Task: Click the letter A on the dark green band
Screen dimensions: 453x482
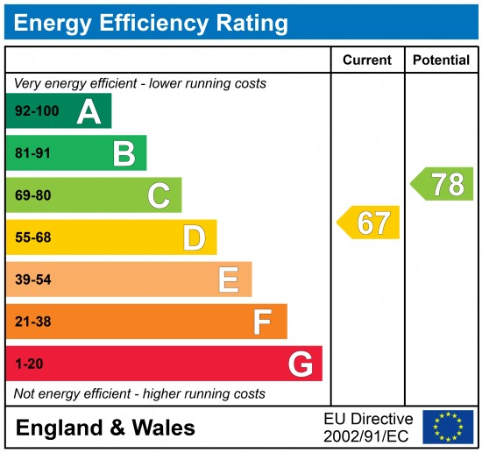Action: tap(89, 111)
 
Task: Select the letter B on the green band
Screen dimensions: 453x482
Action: tap(124, 153)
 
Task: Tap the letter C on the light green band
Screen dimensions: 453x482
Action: tap(159, 195)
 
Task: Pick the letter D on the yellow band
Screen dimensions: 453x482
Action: tap(194, 237)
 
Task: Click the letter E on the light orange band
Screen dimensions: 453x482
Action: tap(229, 280)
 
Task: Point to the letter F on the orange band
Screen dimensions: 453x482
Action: tap(262, 322)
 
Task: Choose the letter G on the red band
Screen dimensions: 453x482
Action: tap(301, 364)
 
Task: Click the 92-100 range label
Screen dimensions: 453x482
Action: tap(34, 111)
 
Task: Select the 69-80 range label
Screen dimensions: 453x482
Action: tap(32, 195)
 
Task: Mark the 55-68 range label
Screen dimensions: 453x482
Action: tap(32, 237)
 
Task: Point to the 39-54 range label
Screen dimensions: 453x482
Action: tap(32, 280)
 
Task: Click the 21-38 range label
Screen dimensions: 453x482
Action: tap(32, 322)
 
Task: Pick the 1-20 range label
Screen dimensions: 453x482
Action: tap(28, 364)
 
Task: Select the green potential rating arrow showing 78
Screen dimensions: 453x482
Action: tap(443, 184)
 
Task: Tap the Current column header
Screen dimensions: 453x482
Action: tap(366, 60)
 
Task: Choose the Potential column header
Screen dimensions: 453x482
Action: tap(442, 60)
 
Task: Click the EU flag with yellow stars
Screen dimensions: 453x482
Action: tap(448, 427)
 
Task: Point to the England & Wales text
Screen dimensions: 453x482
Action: tap(105, 428)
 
